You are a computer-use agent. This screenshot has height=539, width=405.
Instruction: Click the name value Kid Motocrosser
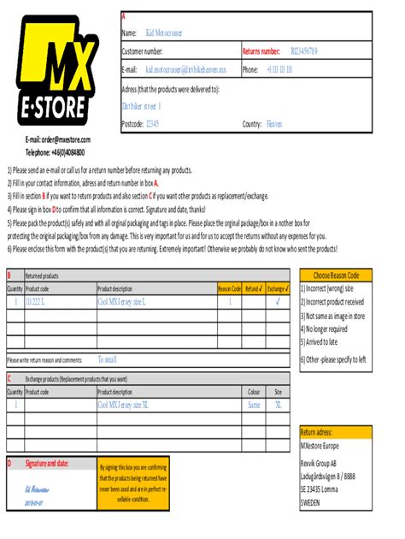pos(164,33)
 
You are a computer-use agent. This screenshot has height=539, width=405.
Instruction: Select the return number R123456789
pos(303,51)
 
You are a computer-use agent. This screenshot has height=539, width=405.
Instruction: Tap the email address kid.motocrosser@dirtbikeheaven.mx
pos(186,69)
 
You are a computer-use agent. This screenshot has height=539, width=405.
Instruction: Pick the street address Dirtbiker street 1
pos(142,106)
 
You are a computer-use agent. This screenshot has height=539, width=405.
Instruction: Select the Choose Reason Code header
pos(336,275)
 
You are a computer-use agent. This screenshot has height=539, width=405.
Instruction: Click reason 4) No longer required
pos(324,328)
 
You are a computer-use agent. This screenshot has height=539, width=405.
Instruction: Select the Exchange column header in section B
pos(279,289)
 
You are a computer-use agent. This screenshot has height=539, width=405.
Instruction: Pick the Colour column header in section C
pos(254,391)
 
